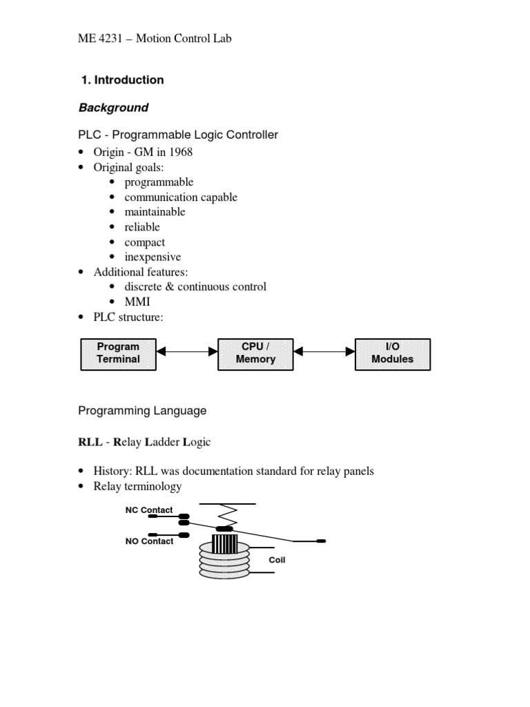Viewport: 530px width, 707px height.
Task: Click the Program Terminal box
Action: coord(119,354)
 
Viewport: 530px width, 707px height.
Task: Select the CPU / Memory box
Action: coord(255,354)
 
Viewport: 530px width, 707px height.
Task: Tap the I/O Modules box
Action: coord(393,354)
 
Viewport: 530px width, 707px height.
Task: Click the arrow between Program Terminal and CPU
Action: coord(187,351)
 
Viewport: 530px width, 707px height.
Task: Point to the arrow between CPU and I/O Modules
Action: coord(324,351)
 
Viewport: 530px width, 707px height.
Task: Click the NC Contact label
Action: coord(149,510)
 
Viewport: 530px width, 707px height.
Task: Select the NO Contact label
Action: coord(149,541)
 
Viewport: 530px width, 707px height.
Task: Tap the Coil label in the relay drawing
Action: coord(277,559)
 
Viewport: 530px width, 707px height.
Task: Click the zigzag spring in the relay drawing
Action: coord(228,515)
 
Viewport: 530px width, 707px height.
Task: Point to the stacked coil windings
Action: coord(224,561)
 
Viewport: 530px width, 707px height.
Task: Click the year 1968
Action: coord(181,152)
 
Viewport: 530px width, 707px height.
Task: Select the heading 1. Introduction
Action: coord(123,80)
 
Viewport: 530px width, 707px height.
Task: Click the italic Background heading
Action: coord(114,108)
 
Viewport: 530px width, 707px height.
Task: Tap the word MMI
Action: coord(137,302)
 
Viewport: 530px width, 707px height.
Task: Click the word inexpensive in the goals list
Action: coord(153,257)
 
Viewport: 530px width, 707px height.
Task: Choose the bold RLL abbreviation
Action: coord(90,442)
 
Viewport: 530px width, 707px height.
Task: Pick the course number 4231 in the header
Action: coord(110,39)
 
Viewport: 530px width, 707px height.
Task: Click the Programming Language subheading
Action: coord(142,411)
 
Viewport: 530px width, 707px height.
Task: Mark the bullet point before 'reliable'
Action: coord(112,226)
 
